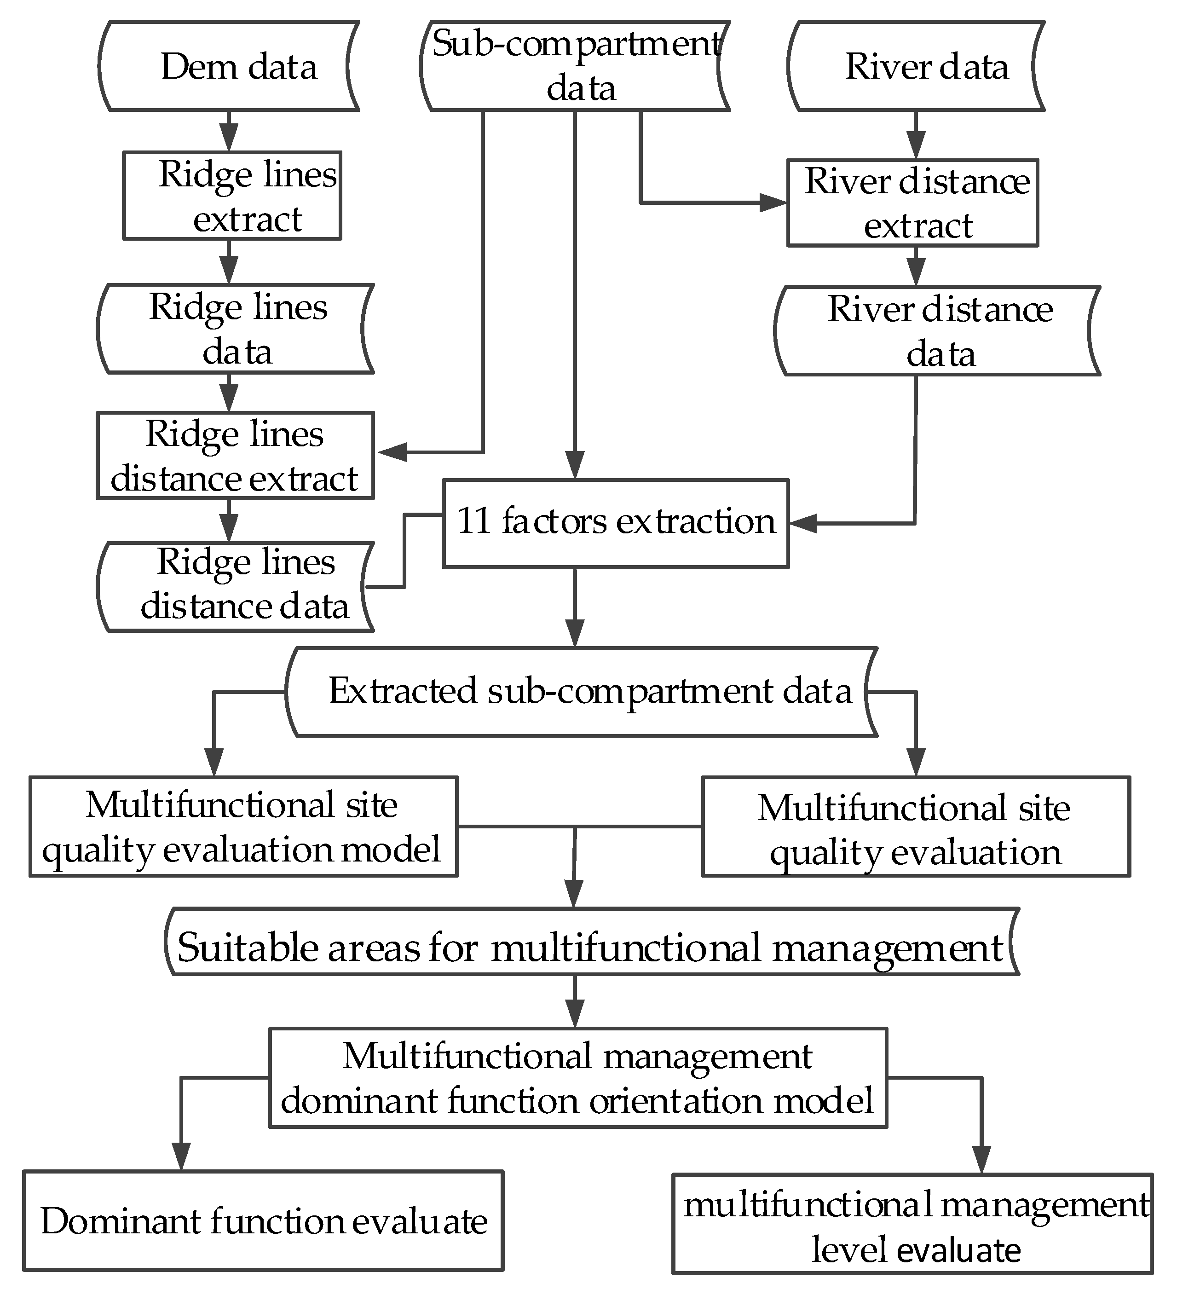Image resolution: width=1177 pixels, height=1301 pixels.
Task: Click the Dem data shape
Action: point(229,66)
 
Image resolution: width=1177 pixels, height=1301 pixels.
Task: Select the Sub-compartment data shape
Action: point(574,66)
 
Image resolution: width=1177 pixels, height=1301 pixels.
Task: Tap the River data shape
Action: point(916,66)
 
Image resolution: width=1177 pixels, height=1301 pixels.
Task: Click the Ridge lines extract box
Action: point(232,196)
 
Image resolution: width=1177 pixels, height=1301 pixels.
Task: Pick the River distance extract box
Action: point(912,202)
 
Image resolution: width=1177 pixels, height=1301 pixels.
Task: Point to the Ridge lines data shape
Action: point(236,329)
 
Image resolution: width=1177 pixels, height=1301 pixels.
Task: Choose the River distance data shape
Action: point(935,331)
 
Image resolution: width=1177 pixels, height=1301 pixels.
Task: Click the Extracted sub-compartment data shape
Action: point(581,692)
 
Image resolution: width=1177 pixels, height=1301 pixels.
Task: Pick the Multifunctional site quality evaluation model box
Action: point(243,827)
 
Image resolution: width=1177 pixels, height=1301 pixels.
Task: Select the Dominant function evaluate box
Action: point(263,1221)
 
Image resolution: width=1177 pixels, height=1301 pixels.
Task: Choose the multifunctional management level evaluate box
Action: point(912,1224)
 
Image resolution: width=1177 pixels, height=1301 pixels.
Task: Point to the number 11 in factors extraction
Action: point(474,521)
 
